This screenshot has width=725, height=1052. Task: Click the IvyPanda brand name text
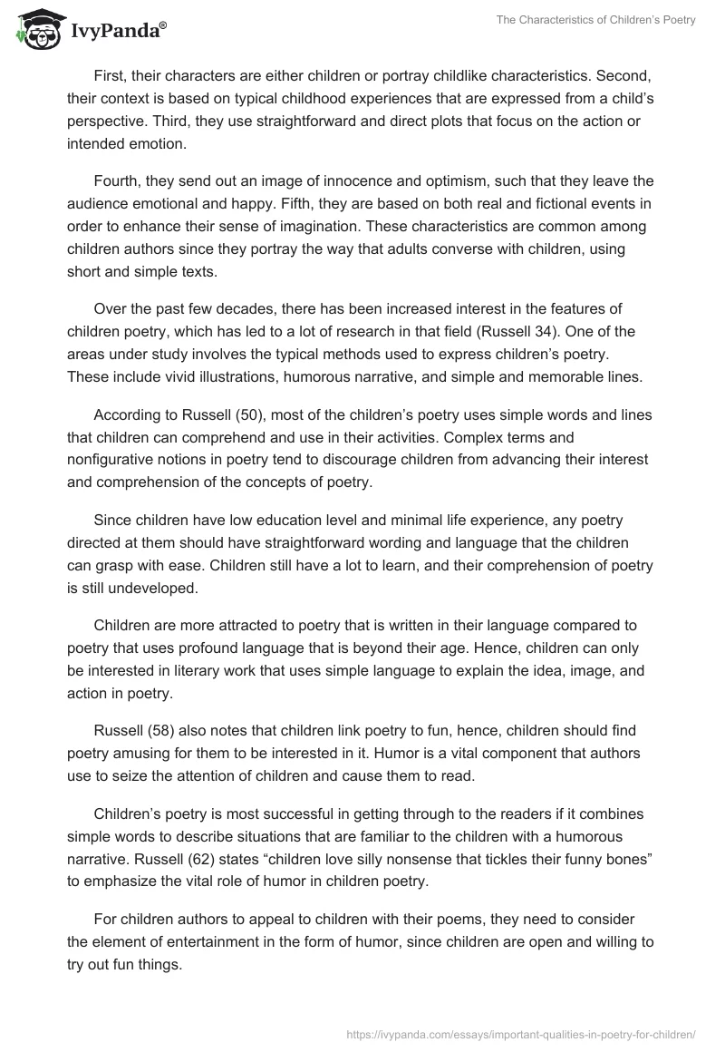(x=116, y=33)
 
